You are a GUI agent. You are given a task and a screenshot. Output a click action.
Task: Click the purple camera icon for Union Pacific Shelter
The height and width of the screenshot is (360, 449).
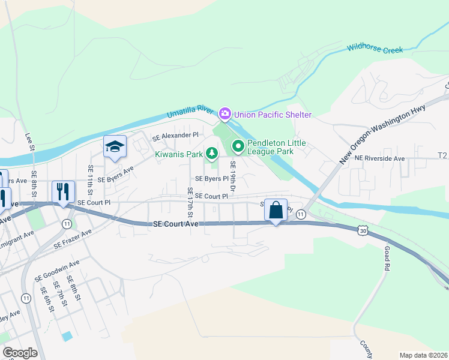click(x=225, y=113)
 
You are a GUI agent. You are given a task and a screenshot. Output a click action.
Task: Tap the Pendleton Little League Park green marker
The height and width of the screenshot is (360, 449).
click(x=238, y=146)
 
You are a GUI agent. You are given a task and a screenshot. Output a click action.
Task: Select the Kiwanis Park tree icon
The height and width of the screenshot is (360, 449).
click(x=211, y=154)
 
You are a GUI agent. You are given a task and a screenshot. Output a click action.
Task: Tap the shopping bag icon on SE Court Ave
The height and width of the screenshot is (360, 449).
click(x=276, y=210)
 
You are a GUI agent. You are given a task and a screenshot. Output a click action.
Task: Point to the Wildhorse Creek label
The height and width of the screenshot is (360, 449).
click(x=375, y=48)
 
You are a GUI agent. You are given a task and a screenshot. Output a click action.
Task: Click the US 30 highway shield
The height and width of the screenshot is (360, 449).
click(x=362, y=230)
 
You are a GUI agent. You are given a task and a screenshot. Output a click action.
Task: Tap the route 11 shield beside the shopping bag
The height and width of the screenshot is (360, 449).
click(x=301, y=214)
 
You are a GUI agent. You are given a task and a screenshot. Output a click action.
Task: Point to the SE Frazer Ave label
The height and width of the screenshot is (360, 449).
click(x=73, y=239)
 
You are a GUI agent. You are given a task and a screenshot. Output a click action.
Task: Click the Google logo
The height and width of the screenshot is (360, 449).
click(x=20, y=353)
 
